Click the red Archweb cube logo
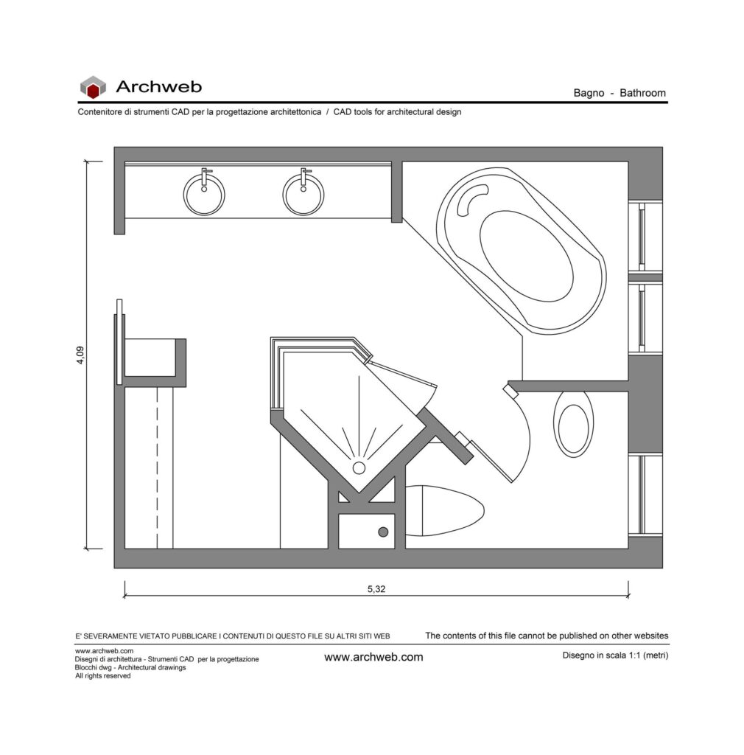[x=93, y=87]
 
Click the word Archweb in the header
[x=158, y=87]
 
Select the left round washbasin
[x=204, y=195]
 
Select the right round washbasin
[x=303, y=195]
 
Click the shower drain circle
[x=359, y=467]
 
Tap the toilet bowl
[x=444, y=511]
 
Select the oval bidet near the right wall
[x=573, y=424]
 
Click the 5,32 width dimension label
[x=376, y=589]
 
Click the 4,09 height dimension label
[x=80, y=355]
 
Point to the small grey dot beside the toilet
[x=383, y=532]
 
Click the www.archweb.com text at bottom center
[x=373, y=657]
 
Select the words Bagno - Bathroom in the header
[x=620, y=93]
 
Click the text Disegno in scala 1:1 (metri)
[x=615, y=655]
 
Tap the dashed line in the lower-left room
[x=157, y=467]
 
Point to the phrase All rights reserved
[x=103, y=676]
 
